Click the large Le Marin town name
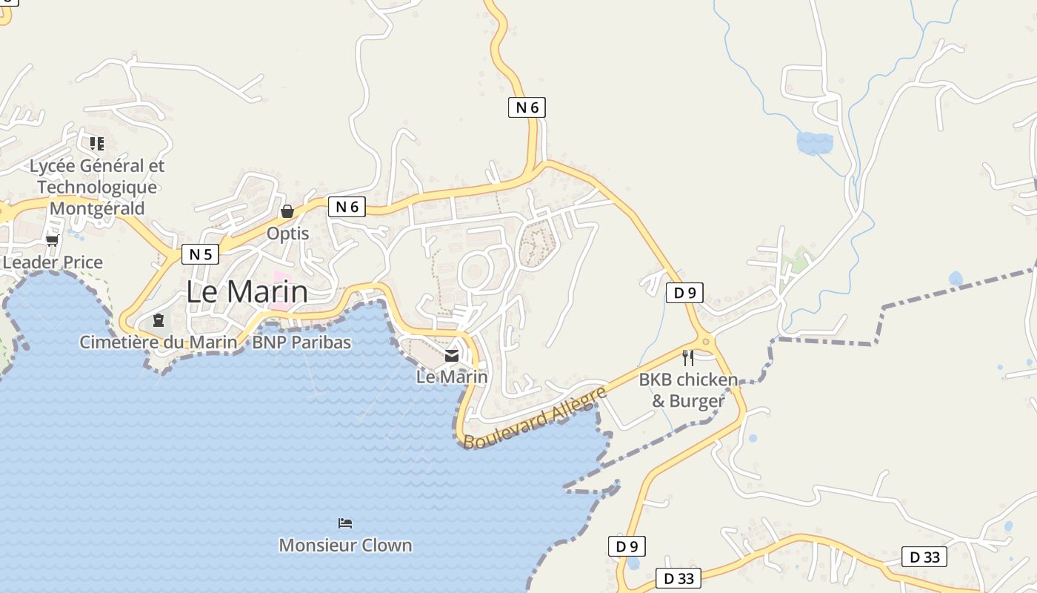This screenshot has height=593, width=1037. coord(247,291)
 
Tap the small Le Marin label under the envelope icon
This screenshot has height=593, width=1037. coord(452,377)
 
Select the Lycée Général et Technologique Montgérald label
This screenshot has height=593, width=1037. coord(97,187)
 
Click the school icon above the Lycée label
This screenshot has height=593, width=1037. coord(97,143)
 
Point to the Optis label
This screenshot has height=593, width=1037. coord(287,233)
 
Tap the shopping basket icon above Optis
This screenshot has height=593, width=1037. coord(287,211)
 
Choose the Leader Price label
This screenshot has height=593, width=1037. coord(53,262)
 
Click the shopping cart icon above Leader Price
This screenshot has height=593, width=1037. coord(52,240)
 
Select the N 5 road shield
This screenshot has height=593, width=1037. coord(200,254)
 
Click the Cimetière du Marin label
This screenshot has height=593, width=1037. coord(159,342)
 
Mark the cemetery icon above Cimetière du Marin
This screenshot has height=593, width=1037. coord(158,320)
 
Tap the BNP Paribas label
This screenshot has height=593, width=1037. coord(301,342)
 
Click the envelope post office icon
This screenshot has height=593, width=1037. coord(452,356)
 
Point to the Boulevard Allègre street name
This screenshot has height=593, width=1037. coord(536,417)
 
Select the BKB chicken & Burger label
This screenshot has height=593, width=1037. coord(688,391)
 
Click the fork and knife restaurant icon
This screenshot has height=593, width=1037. coord(688,358)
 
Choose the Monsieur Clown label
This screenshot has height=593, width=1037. coord(345,545)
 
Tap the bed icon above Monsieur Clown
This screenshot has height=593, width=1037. coord(345,523)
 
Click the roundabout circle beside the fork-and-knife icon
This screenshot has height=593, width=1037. coord(706,342)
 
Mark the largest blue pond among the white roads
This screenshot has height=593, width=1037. coord(814,142)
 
